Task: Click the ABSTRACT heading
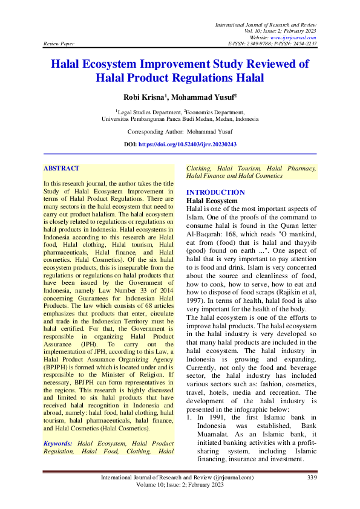pyautogui.click(x=62, y=168)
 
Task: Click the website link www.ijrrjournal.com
pyautogui.click(x=296, y=37)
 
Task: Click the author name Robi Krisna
pyautogui.click(x=145, y=97)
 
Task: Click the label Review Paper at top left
pyautogui.click(x=58, y=44)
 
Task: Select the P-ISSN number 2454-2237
pyautogui.click(x=304, y=44)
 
